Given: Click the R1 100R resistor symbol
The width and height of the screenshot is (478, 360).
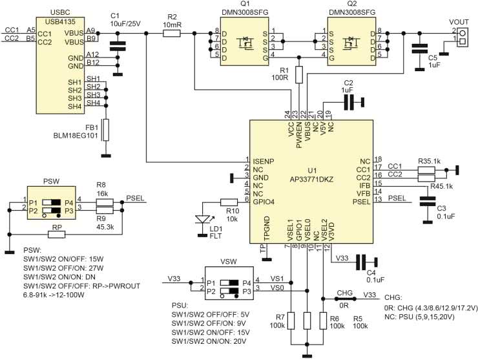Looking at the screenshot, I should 298,74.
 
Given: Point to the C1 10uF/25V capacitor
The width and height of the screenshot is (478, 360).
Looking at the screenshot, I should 118,45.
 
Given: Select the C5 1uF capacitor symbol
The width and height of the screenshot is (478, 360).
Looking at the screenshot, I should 420,47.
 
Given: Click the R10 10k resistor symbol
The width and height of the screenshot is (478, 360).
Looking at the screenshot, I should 230,202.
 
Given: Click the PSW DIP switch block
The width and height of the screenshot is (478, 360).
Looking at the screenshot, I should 52,206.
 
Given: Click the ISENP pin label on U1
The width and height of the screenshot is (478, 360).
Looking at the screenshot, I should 263,160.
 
